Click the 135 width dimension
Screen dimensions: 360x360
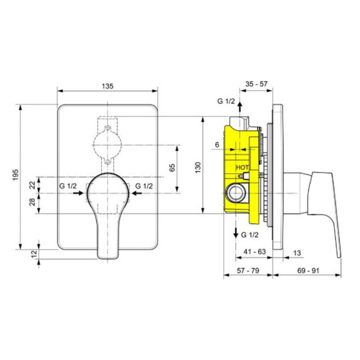pos(108,86)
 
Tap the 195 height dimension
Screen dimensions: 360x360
pos(15,175)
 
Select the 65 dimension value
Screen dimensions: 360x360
pos(172,168)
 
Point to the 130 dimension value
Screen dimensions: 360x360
pos(198,168)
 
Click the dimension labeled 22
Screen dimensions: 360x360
pos(33,185)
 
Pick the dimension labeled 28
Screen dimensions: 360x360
pos(33,202)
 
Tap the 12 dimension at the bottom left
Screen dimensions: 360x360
pos(34,254)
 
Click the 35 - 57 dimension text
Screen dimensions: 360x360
pos(256,84)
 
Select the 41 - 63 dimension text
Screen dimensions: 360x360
pos(255,252)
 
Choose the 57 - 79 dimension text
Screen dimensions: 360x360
pos(248,271)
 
